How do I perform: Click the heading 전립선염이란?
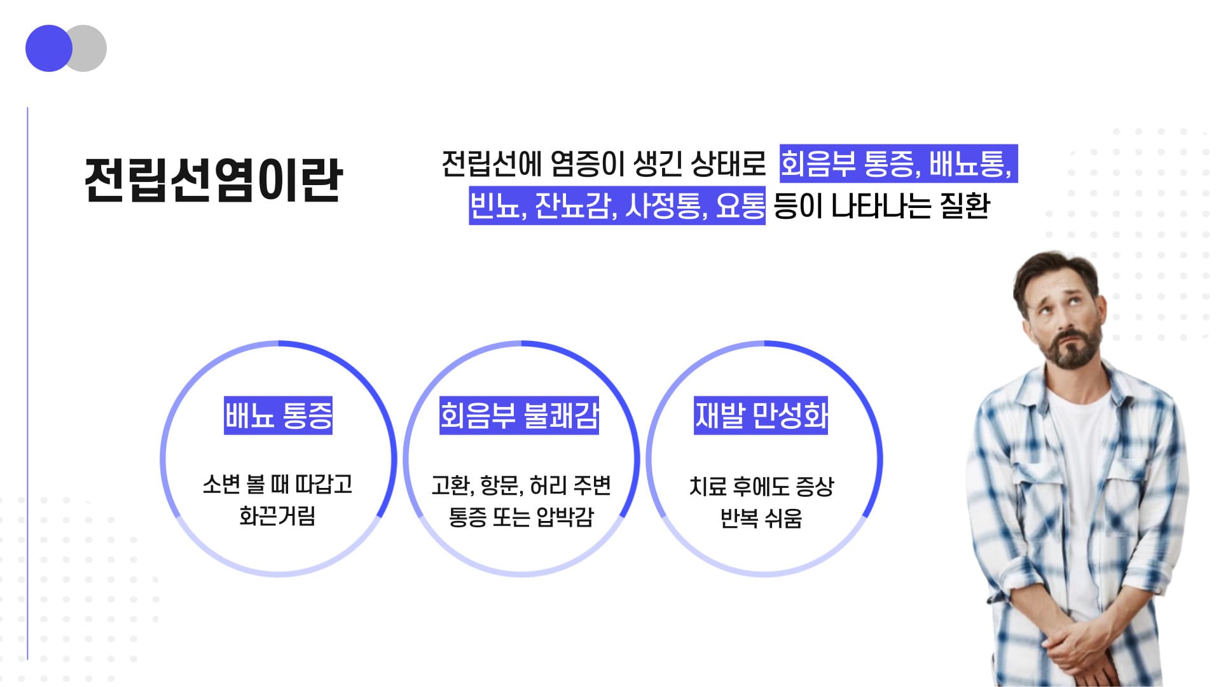click(214, 181)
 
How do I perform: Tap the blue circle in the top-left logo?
click(49, 48)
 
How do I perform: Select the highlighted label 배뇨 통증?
click(278, 416)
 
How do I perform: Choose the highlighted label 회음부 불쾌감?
click(519, 416)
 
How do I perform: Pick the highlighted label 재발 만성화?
click(761, 416)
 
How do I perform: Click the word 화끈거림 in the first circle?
click(277, 516)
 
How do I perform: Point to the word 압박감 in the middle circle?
click(565, 517)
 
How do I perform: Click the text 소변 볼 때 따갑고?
click(277, 485)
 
